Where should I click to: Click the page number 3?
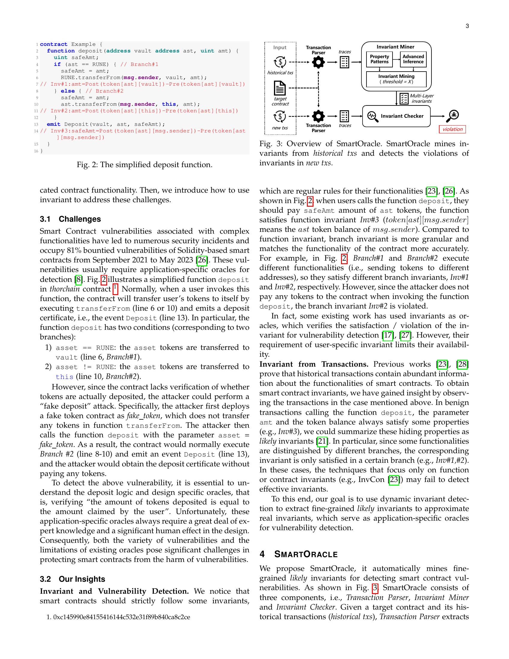pyautogui.click(x=467, y=26)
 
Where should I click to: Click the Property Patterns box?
pyautogui.click(x=379, y=59)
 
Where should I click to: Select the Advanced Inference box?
pyautogui.click(x=413, y=59)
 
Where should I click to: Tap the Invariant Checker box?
pyautogui.click(x=396, y=116)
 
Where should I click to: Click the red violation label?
pyautogui.click(x=452, y=129)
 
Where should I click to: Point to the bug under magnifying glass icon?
pyautogui.click(x=453, y=116)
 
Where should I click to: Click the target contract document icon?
pyautogui.click(x=280, y=88)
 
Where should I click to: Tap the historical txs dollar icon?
pyautogui.click(x=280, y=62)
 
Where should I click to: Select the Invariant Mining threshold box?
pyautogui.click(x=396, y=79)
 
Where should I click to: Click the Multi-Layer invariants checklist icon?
pyautogui.click(x=404, y=99)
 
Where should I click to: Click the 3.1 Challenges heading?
pyautogui.click(x=70, y=219)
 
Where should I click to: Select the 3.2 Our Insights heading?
pyautogui.click(x=72, y=579)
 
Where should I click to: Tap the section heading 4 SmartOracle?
pyautogui.click(x=299, y=554)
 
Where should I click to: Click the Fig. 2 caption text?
pyautogui.click(x=144, y=165)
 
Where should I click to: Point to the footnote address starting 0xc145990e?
pyautogui.click(x=121, y=617)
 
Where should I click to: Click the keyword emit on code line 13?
pyautogui.click(x=53, y=124)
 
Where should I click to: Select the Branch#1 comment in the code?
pyautogui.click(x=139, y=64)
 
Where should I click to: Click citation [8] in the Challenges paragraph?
pyautogui.click(x=78, y=279)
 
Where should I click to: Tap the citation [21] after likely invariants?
pyautogui.click(x=322, y=441)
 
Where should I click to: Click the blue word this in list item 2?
pyautogui.click(x=65, y=377)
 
